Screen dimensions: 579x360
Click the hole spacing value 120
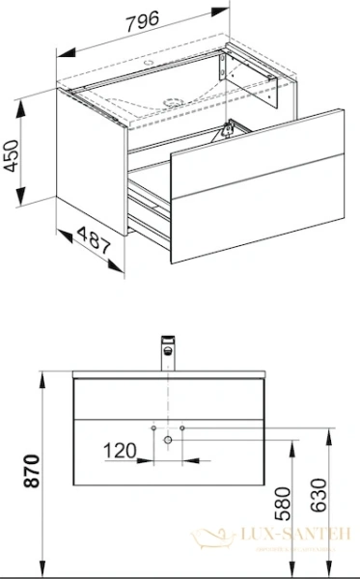[120, 449]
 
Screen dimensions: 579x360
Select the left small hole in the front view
[152, 426]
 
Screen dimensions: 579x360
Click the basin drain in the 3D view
[175, 99]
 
